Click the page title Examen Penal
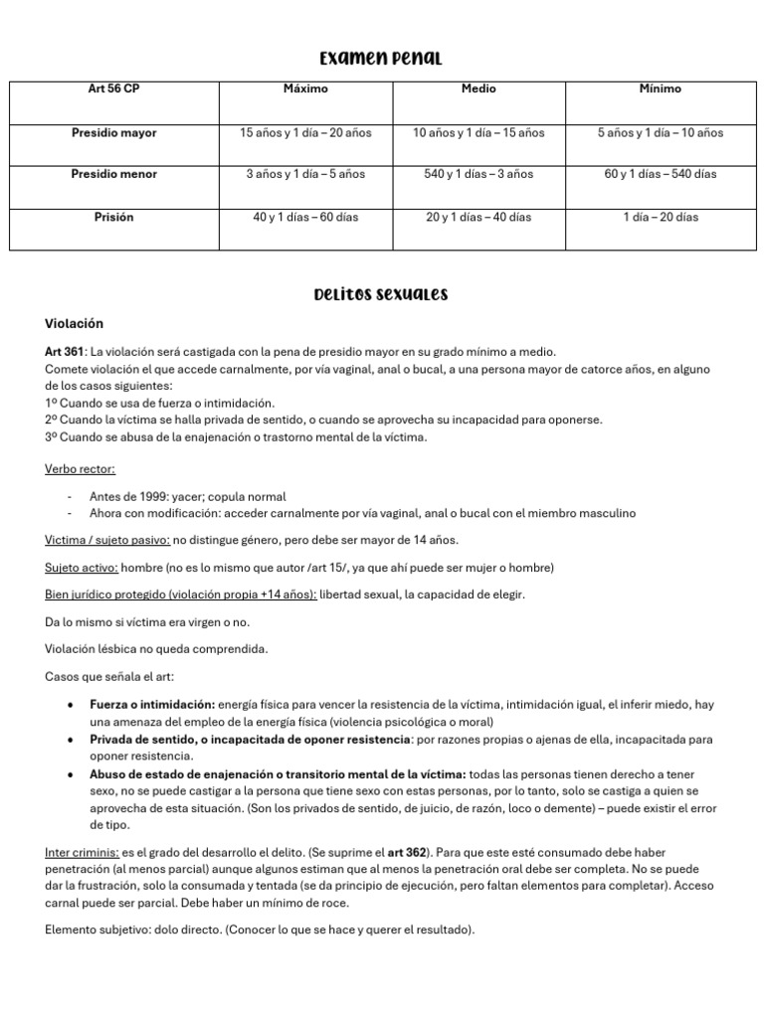[381, 58]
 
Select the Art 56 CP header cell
[113, 89]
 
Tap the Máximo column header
[305, 89]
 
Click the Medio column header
[478, 89]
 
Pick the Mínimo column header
[661, 89]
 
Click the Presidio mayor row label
[113, 132]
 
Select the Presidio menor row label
[113, 174]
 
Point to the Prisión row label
[113, 217]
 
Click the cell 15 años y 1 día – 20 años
[305, 132]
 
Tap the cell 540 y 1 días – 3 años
[478, 174]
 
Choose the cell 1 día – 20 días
[661, 217]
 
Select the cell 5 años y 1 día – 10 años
[661, 132]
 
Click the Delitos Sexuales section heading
[381, 294]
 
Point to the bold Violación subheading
[75, 324]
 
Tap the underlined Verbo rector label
[81, 469]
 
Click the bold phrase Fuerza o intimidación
[152, 705]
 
